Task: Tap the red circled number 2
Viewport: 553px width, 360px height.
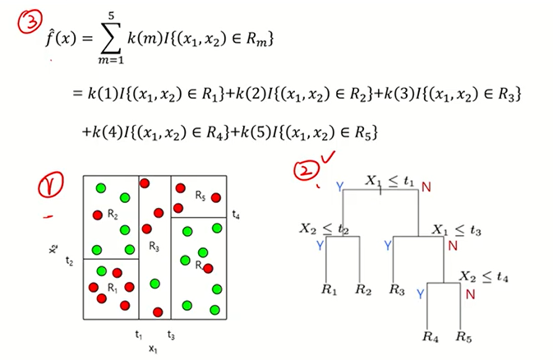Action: (306, 168)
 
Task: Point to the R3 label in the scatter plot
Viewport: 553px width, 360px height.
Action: (154, 246)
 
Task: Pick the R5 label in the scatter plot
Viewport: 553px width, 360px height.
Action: (200, 196)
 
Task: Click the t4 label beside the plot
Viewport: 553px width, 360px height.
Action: (236, 215)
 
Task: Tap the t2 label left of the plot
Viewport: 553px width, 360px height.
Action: (70, 261)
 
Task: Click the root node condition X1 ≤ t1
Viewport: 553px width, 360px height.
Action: (389, 181)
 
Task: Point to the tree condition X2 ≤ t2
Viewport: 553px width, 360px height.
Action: (325, 228)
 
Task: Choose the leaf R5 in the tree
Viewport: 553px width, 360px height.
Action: (463, 337)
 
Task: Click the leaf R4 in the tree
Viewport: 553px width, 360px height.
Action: (430, 337)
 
